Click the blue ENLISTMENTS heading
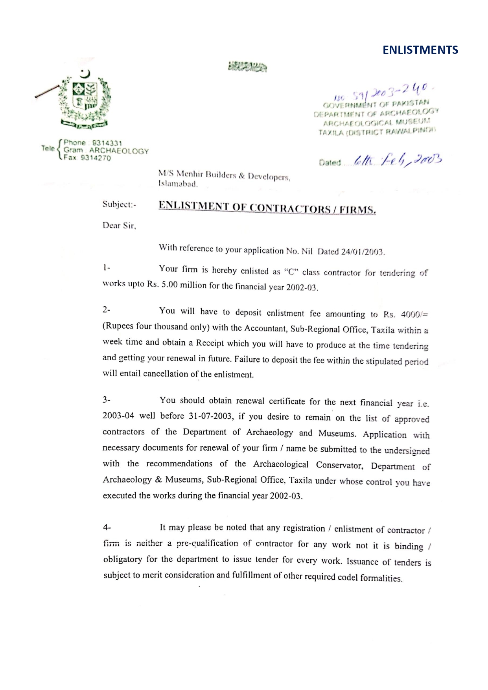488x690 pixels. tap(420, 50)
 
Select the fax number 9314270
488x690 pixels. tap(96, 158)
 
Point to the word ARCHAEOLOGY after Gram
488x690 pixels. tap(119, 151)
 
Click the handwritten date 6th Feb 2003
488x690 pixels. tap(397, 160)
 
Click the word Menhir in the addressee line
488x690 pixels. tap(190, 173)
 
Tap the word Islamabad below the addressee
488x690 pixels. tap(178, 184)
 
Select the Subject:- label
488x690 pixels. tap(119, 204)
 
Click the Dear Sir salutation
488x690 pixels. tap(119, 226)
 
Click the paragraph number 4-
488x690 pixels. tap(107, 527)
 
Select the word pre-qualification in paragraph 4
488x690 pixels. tap(207, 543)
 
